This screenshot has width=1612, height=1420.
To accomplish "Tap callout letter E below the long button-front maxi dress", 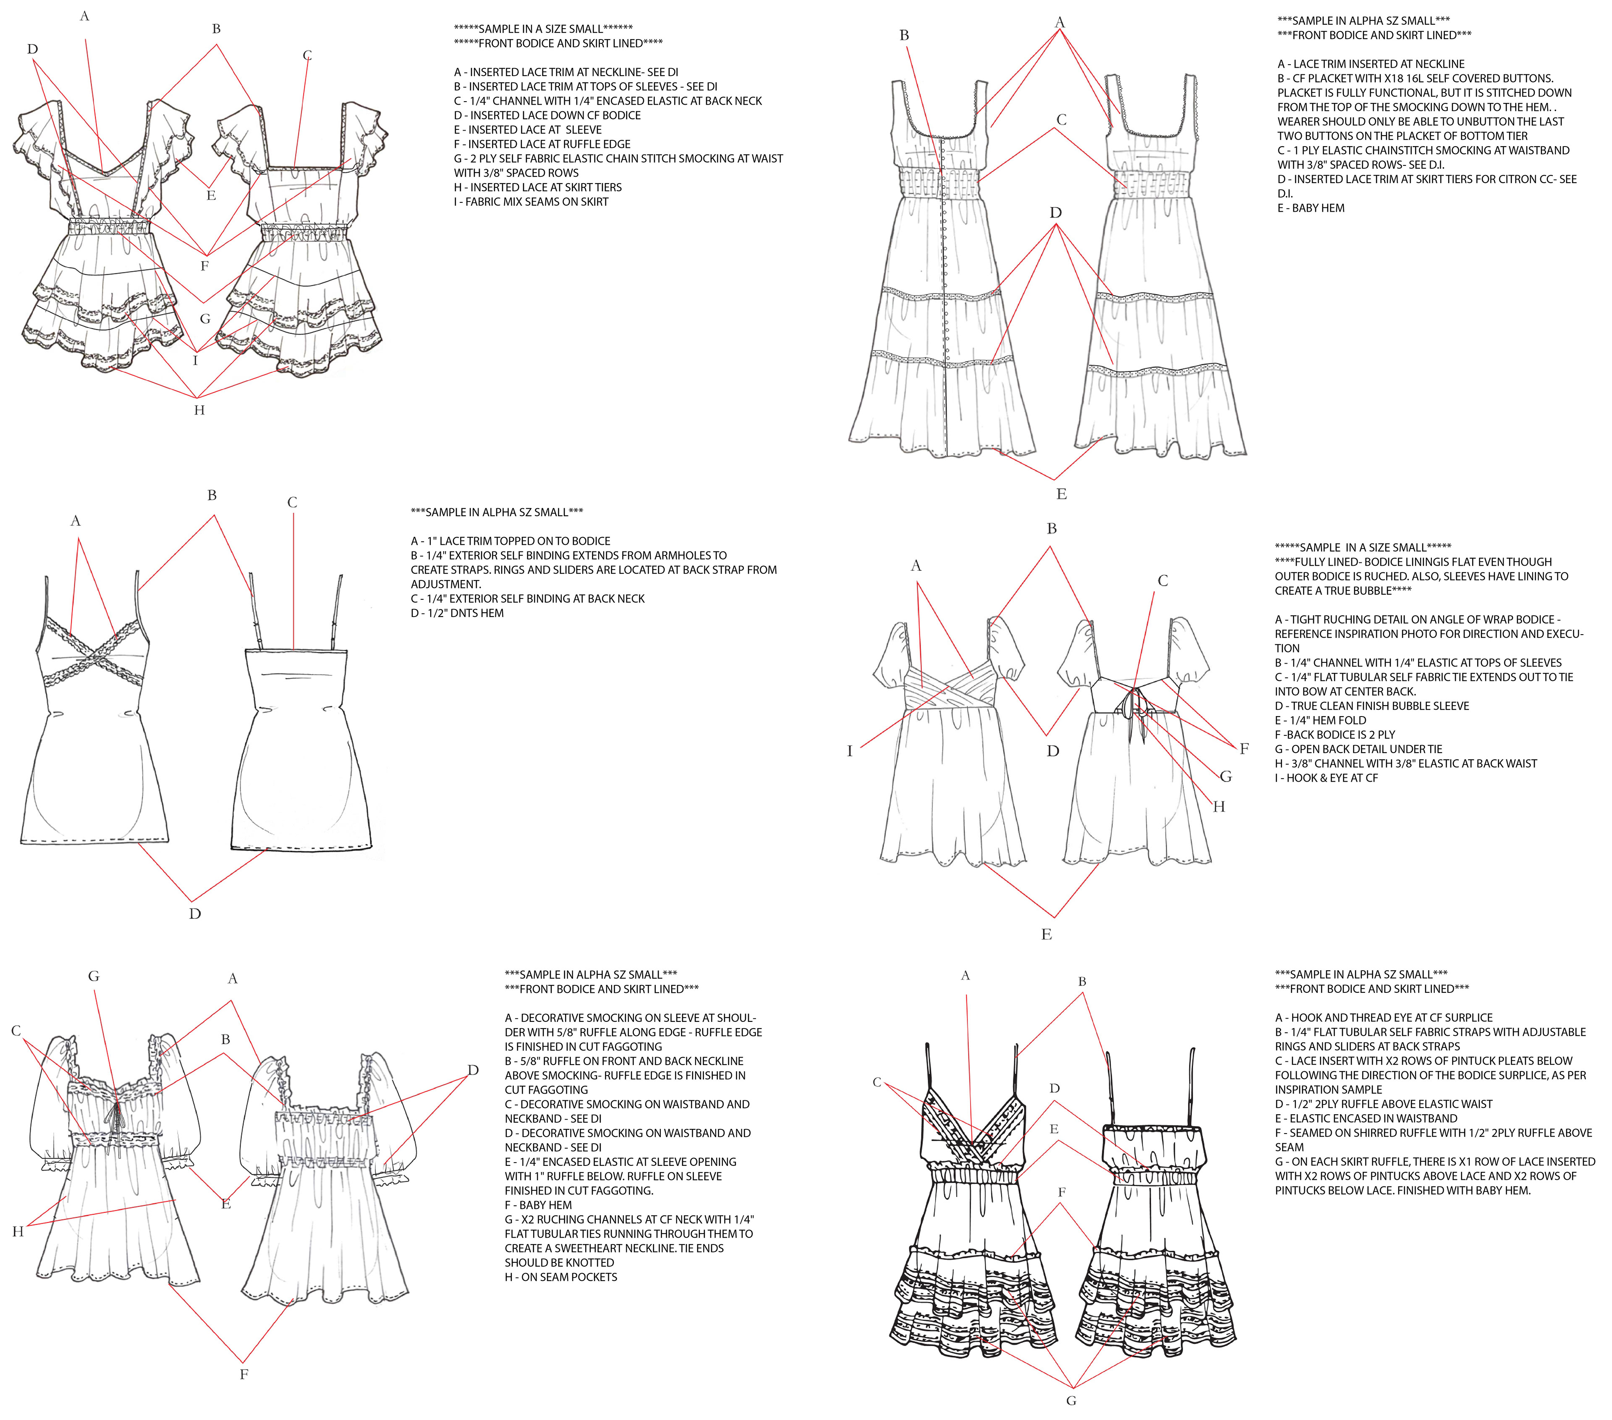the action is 1062,494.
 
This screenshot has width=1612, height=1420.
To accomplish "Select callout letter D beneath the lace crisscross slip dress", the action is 195,913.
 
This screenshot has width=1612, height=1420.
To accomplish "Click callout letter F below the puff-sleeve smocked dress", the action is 244,1374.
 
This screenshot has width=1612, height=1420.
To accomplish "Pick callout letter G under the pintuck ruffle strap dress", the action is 1071,1400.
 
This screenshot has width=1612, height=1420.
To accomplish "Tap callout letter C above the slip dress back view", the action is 293,502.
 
